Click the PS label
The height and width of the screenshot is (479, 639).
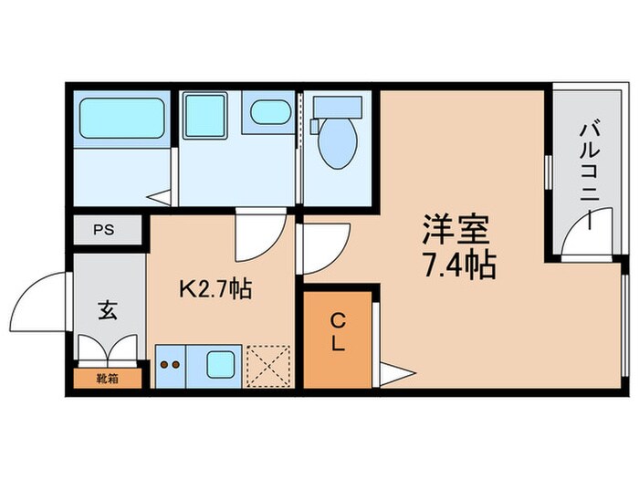click(x=108, y=231)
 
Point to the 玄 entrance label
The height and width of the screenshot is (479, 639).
click(x=107, y=310)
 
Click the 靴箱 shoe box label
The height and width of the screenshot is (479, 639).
click(x=107, y=377)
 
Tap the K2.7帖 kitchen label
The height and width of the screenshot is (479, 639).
click(x=215, y=290)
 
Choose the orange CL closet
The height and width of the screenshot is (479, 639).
click(x=337, y=336)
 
